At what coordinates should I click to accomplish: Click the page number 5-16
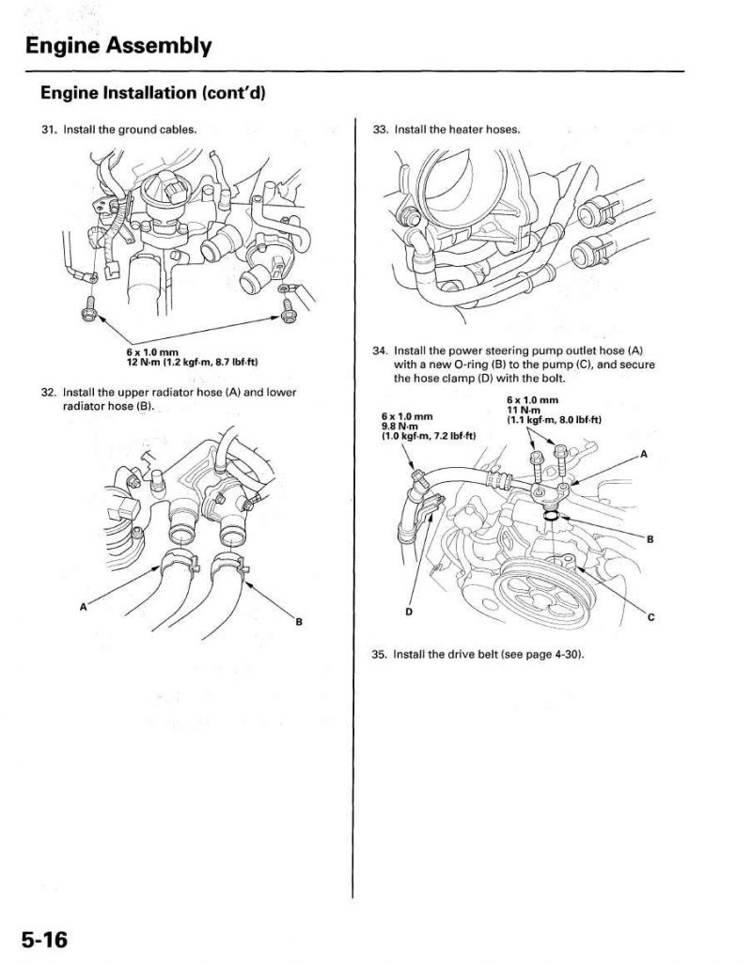[44, 941]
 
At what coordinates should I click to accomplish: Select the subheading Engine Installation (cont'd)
[152, 94]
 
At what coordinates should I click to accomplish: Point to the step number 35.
[380, 654]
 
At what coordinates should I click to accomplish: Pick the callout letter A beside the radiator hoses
[84, 607]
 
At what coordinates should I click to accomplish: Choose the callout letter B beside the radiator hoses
[299, 622]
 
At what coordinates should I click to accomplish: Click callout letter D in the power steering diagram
[409, 612]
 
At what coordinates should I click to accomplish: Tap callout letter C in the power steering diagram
[651, 618]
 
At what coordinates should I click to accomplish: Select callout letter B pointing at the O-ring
[650, 539]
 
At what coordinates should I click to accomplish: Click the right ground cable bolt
[288, 311]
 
